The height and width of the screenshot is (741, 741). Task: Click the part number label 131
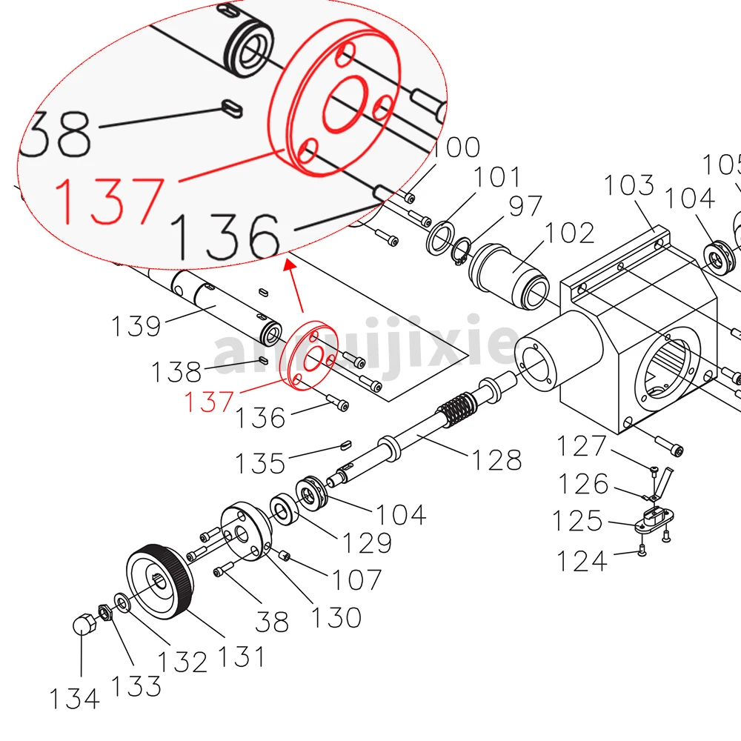(x=240, y=656)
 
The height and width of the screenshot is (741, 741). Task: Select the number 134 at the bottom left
(x=74, y=698)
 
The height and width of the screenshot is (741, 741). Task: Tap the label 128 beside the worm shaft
(x=497, y=459)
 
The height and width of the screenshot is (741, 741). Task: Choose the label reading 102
(x=570, y=233)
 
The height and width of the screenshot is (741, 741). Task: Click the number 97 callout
(x=525, y=207)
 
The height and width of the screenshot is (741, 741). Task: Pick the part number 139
(x=136, y=325)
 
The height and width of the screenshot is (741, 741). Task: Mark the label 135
(x=260, y=463)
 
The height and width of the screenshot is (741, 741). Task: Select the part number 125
(x=576, y=522)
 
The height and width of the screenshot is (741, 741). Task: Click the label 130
(x=336, y=617)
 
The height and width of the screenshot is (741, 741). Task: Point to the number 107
(x=356, y=579)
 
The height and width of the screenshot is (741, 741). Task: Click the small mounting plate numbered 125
(x=651, y=520)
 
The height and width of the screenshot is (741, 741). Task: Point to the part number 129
(x=366, y=542)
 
